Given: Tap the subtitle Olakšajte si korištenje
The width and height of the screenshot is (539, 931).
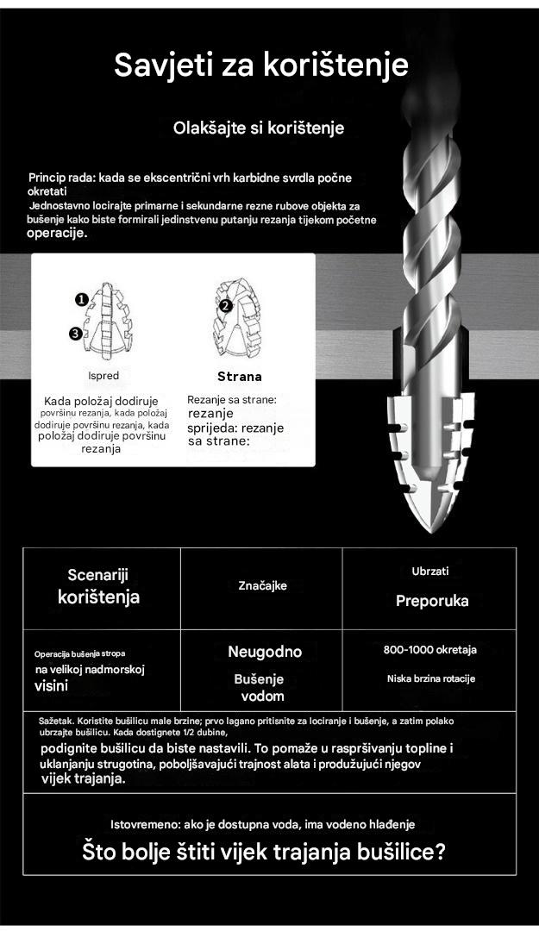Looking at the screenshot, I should [x=259, y=128].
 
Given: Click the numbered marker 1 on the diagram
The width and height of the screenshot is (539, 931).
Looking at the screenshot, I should [x=81, y=300].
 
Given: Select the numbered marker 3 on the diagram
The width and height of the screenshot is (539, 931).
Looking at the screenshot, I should [x=77, y=333].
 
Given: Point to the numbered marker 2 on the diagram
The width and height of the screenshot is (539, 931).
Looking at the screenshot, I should [x=226, y=305].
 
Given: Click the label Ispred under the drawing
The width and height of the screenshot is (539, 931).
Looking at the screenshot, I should [x=103, y=376].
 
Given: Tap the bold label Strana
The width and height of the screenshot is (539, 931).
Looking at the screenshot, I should [x=239, y=377].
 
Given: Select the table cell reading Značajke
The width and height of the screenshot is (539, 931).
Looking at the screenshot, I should [x=262, y=586].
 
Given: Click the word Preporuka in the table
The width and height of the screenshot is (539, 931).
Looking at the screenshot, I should [x=432, y=602].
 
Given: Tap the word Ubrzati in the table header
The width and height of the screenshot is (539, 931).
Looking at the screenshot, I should [x=430, y=571].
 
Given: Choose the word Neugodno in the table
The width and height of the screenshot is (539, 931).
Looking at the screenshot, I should [x=265, y=653].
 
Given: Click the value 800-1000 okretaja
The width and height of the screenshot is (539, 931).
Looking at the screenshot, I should [x=429, y=650].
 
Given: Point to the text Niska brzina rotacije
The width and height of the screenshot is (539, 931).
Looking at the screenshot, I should [x=430, y=678].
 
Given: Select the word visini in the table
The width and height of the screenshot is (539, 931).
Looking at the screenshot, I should [x=51, y=686].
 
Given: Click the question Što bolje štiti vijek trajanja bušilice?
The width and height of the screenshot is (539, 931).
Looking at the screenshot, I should [x=264, y=853].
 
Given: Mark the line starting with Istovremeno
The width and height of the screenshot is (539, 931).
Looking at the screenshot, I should [x=263, y=824].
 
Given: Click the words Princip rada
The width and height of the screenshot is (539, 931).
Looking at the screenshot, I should [x=61, y=178].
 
